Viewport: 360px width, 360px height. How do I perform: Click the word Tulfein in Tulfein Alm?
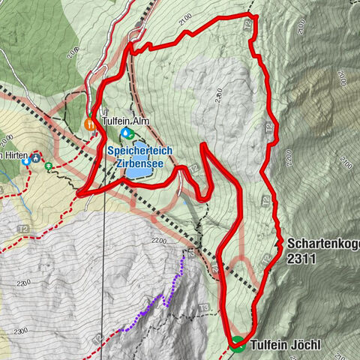(x=117, y=121)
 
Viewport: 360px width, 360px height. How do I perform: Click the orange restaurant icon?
(x=89, y=124)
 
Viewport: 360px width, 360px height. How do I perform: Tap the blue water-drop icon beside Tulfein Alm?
(x=125, y=133)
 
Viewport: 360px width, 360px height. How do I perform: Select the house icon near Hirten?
(x=36, y=159)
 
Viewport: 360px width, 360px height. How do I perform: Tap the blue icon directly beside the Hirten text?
(x=26, y=160)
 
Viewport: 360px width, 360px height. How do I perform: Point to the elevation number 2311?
(x=301, y=259)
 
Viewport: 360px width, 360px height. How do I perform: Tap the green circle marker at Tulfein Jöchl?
(x=238, y=344)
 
